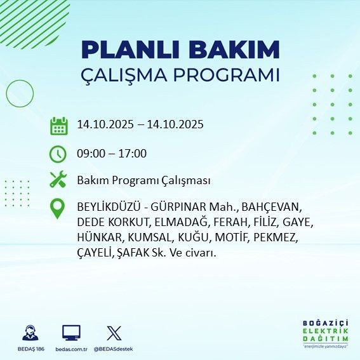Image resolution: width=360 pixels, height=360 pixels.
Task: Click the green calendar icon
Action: point(58,125)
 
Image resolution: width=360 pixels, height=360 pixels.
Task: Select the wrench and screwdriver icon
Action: point(58,180)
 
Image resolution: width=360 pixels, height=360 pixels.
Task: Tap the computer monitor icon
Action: point(71,332)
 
